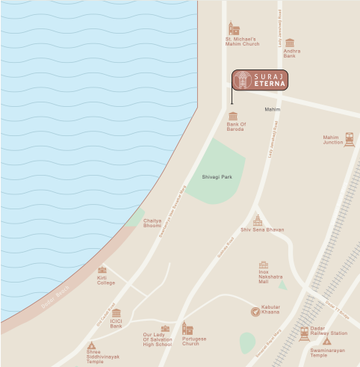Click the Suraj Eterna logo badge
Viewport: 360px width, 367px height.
click(x=259, y=80)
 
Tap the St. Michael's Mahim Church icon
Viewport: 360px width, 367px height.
click(x=234, y=28)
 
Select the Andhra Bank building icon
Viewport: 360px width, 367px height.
click(x=290, y=43)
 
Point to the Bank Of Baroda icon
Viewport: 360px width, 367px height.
click(x=233, y=116)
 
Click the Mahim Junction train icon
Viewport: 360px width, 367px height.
click(x=349, y=139)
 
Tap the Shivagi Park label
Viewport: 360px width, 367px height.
click(x=214, y=176)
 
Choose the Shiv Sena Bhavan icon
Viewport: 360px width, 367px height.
click(x=258, y=220)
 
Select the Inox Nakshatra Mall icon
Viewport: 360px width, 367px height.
click(x=263, y=265)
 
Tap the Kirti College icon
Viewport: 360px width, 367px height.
click(x=102, y=270)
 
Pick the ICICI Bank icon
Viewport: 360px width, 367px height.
click(x=116, y=313)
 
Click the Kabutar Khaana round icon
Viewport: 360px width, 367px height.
click(x=255, y=311)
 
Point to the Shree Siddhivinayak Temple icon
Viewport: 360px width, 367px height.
click(x=92, y=346)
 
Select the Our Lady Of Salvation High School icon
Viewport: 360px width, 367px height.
click(x=165, y=328)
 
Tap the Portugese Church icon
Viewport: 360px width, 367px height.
click(x=187, y=328)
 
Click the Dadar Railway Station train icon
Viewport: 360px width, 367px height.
click(x=304, y=333)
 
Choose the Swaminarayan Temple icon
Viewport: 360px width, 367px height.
click(x=326, y=342)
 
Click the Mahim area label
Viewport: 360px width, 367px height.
click(x=272, y=109)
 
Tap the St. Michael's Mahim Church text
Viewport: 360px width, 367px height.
click(x=242, y=41)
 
